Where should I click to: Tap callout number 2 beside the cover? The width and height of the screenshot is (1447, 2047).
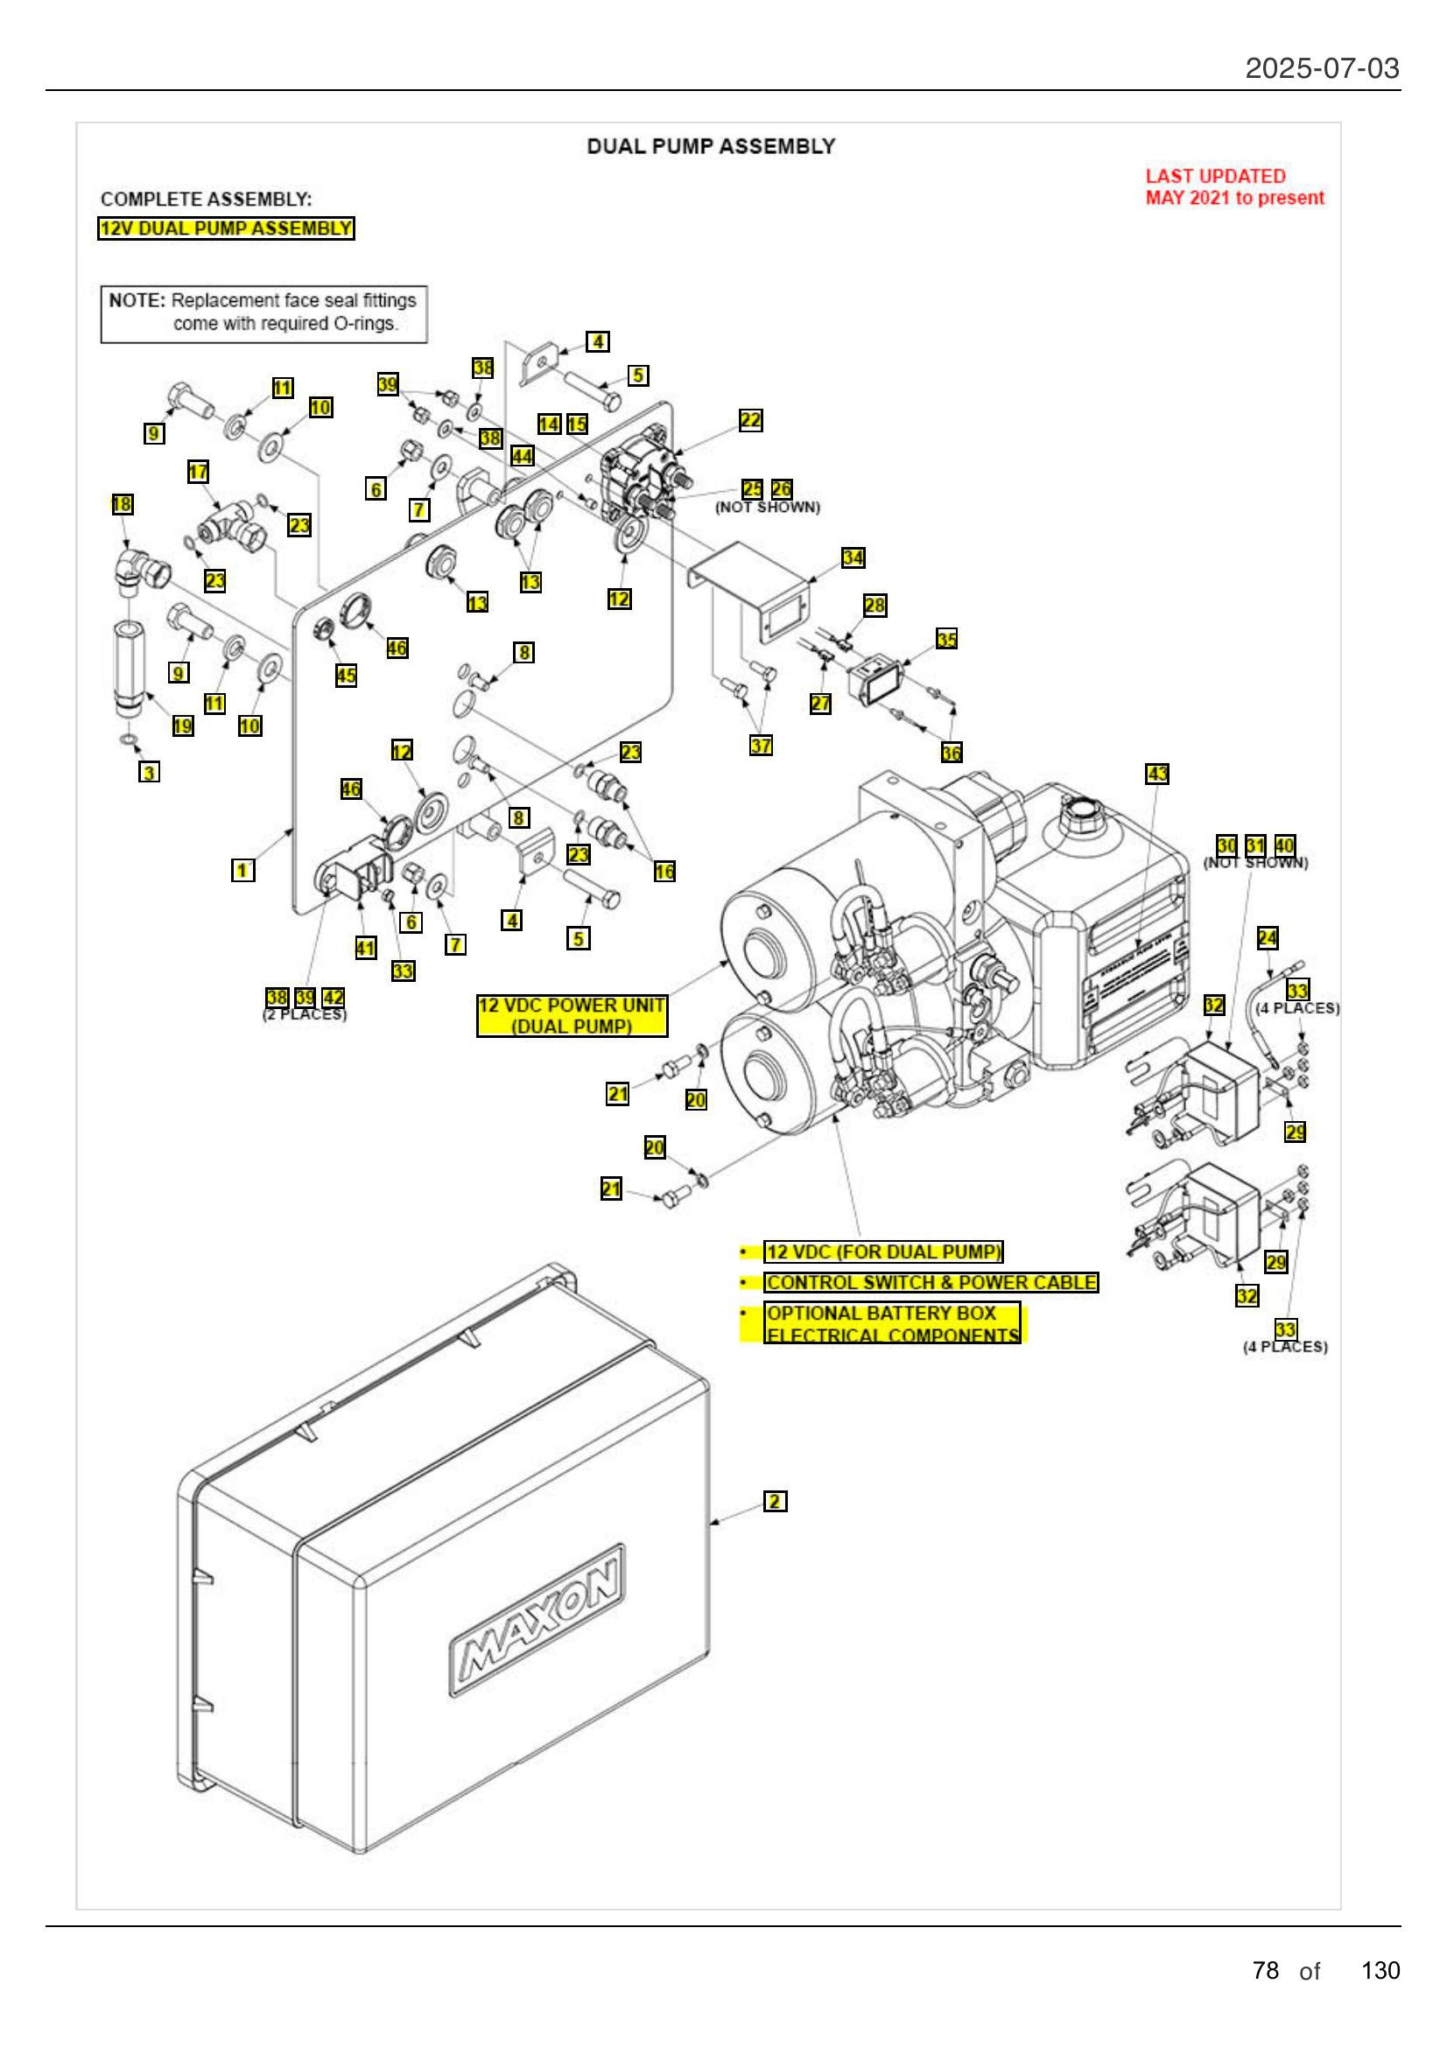tap(774, 1501)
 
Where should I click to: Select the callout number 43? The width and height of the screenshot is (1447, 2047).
tap(1156, 773)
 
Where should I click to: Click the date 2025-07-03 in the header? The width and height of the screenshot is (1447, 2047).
tap(1321, 67)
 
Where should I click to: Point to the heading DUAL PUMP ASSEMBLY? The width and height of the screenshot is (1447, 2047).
tap(711, 146)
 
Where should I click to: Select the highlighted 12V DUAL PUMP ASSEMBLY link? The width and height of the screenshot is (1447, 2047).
tap(226, 228)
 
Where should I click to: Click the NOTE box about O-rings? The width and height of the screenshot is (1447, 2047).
tap(263, 313)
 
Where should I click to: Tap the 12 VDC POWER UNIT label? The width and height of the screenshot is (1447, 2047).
tap(572, 1015)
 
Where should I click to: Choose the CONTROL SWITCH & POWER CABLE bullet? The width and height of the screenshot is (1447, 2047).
tap(931, 1282)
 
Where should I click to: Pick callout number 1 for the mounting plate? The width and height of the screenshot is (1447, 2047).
tap(242, 869)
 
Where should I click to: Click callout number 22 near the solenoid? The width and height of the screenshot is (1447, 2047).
tap(750, 420)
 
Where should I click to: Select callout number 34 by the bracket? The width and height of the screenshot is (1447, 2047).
tap(853, 557)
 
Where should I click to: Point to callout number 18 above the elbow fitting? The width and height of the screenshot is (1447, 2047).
tap(123, 504)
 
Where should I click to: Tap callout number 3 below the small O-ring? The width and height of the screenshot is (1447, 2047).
tap(150, 771)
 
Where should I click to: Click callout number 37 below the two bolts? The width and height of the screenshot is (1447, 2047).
tap(761, 745)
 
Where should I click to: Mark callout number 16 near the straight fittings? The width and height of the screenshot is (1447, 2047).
tap(664, 870)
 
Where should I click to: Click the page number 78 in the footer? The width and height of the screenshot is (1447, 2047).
tap(1264, 1969)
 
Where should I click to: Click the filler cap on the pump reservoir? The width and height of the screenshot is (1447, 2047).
tap(1081, 811)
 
